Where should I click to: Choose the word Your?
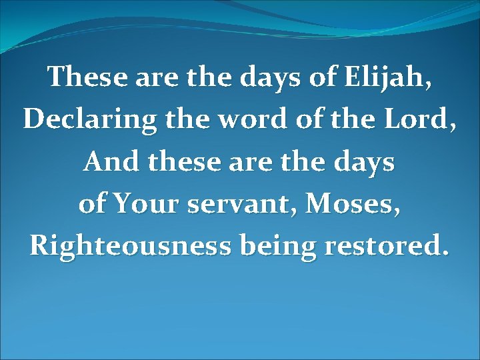(x=146, y=203)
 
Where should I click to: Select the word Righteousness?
(x=128, y=246)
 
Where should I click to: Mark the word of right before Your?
(x=94, y=203)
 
